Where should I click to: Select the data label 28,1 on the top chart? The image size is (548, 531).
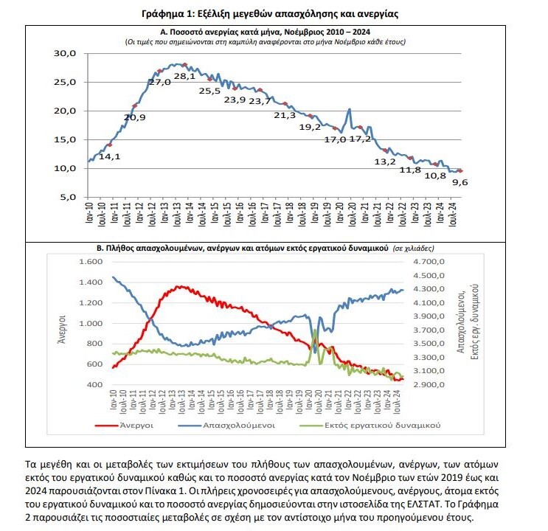coord(184,77)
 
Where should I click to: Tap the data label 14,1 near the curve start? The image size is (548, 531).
coord(110,156)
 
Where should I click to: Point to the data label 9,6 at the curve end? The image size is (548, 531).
coord(461,182)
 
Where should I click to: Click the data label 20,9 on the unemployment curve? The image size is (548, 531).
coord(135,117)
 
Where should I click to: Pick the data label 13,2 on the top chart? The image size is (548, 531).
coord(385,162)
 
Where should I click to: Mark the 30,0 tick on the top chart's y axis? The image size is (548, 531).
coord(66,54)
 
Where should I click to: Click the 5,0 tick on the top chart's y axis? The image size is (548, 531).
coord(69,197)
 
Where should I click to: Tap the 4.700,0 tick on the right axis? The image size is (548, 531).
coord(431,262)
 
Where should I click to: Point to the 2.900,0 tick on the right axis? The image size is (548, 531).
coord(431,385)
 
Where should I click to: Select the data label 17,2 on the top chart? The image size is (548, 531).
coord(360,139)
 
